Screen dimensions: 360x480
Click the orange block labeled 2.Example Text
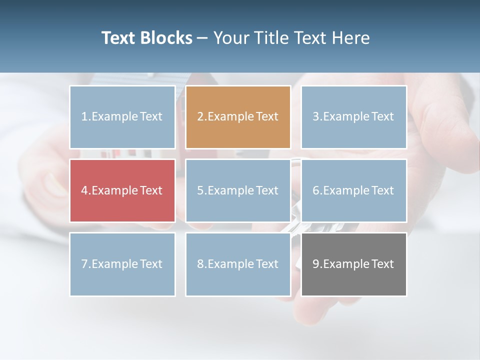pyautogui.click(x=238, y=117)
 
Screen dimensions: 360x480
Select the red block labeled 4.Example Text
pyautogui.click(x=122, y=190)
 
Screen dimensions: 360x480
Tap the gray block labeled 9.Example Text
pyautogui.click(x=354, y=264)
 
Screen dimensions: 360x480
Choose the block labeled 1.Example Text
pyautogui.click(x=122, y=117)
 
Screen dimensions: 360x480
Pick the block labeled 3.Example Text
pyautogui.click(x=354, y=117)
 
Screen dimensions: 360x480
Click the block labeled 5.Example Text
pyautogui.click(x=238, y=190)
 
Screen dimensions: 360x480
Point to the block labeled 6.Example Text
pyautogui.click(x=354, y=190)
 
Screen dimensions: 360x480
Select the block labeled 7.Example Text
pyautogui.click(x=122, y=264)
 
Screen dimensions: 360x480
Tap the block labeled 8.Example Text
pyautogui.click(x=238, y=264)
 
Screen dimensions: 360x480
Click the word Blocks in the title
pyautogui.click(x=167, y=38)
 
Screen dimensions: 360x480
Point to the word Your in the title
pyautogui.click(x=232, y=38)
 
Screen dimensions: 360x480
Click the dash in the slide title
pyautogui.click(x=202, y=38)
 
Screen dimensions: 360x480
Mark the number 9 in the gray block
pyautogui.click(x=316, y=264)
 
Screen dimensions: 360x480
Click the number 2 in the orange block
pyautogui.click(x=200, y=117)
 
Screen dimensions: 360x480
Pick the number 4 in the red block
pyautogui.click(x=84, y=190)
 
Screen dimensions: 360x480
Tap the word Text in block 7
pyautogui.click(x=151, y=264)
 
